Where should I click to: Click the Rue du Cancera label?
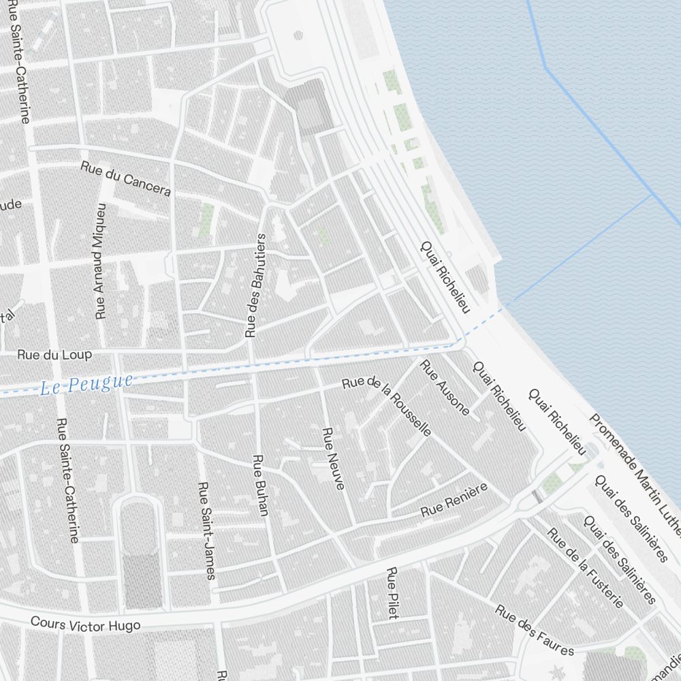pos(125,178)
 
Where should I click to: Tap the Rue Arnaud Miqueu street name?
pos(101,262)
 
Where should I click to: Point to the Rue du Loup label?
pos(54,355)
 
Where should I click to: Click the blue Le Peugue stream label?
pos(86,385)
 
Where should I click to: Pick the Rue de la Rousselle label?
pos(387,406)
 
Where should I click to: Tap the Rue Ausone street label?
pos(446,387)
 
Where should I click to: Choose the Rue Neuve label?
pos(333,458)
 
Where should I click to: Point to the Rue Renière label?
pos(454,501)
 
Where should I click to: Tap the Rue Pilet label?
pos(392,592)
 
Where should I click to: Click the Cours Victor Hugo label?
pos(86,624)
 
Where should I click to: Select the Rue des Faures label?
pos(535,630)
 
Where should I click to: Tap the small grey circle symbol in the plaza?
pos(298,35)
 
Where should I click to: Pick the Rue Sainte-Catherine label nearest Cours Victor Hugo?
pos(68,480)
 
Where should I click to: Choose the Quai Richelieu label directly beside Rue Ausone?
pos(500,396)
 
